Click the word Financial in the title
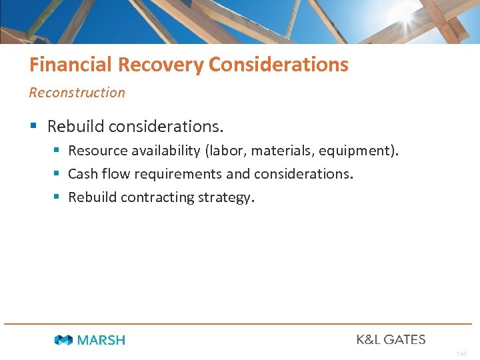click(71, 65)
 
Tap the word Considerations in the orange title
click(278, 65)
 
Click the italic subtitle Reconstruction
click(77, 93)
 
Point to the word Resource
click(97, 151)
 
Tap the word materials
click(282, 151)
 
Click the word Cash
click(82, 174)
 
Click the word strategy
click(226, 197)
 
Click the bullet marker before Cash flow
click(56, 174)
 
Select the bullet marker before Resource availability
click(56, 151)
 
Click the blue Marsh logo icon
click(63, 340)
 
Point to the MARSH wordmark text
click(101, 340)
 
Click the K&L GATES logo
click(391, 339)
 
